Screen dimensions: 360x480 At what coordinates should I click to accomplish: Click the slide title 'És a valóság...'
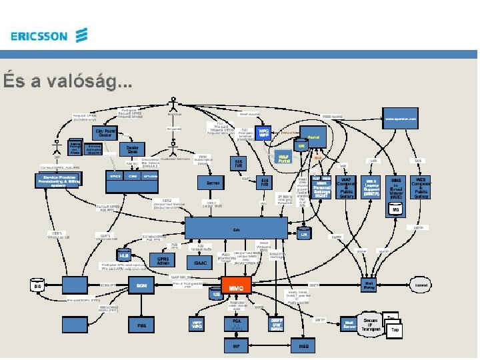[x=67, y=81]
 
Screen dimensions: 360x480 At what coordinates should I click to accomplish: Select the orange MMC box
[x=236, y=286]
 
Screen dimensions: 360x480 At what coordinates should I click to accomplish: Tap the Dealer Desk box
[x=133, y=151]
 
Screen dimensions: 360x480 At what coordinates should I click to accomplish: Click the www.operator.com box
[x=402, y=119]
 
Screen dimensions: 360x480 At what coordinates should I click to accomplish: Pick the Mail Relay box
[x=369, y=284]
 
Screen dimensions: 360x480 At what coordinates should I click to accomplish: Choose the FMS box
[x=141, y=325]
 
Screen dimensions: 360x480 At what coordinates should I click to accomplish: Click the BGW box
[x=141, y=285]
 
